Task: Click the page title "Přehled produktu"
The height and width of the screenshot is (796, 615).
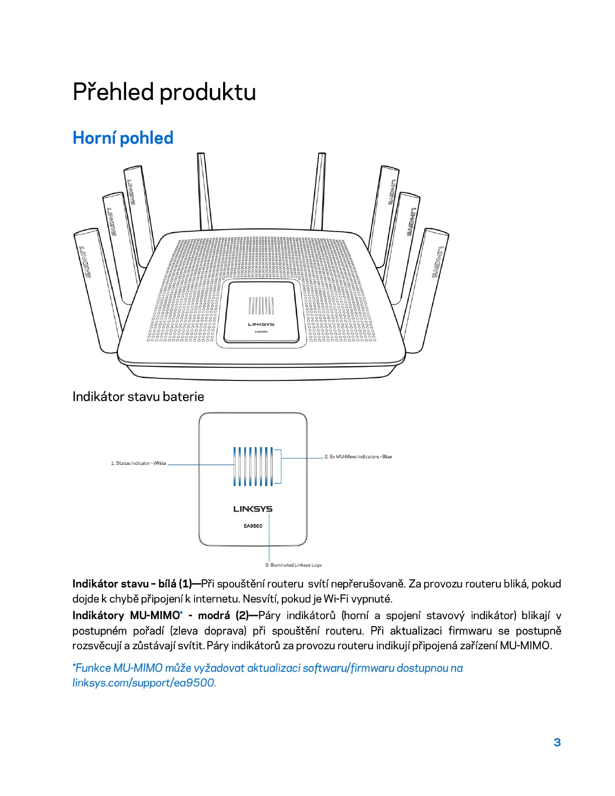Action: [x=164, y=92]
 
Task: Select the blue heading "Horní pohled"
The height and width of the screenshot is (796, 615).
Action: [x=123, y=138]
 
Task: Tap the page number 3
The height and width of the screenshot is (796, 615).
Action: [x=557, y=742]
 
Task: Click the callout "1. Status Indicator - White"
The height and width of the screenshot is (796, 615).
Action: [x=138, y=463]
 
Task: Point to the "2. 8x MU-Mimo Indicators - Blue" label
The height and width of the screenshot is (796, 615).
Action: [x=358, y=457]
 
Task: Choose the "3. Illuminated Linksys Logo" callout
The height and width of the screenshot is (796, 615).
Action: [x=293, y=565]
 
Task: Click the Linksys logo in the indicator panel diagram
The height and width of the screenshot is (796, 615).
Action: [x=253, y=509]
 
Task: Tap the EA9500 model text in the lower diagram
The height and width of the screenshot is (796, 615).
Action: [x=253, y=526]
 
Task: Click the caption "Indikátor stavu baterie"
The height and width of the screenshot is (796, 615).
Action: [x=138, y=396]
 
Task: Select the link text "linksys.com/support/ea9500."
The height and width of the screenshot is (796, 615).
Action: [x=144, y=683]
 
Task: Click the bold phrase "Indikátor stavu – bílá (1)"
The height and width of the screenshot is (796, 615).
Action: [x=132, y=584]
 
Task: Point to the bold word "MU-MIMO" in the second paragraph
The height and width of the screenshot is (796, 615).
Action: [x=155, y=616]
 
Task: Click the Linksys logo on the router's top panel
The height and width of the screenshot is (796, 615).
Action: [x=261, y=324]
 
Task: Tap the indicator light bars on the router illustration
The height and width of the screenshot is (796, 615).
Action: [x=261, y=306]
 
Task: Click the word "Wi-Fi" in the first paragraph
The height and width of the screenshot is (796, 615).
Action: [x=337, y=599]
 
